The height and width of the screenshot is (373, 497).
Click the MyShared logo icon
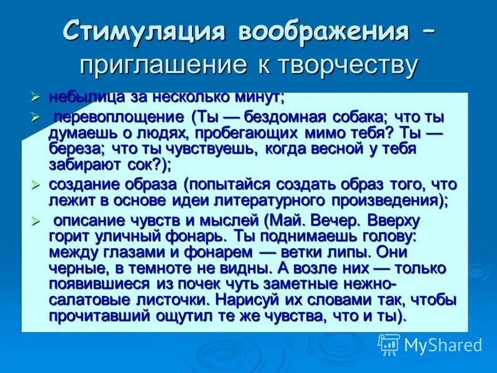pos(389,344)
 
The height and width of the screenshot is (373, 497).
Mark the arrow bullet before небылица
pos(35,96)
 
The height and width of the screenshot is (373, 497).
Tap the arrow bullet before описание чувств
pos(35,220)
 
